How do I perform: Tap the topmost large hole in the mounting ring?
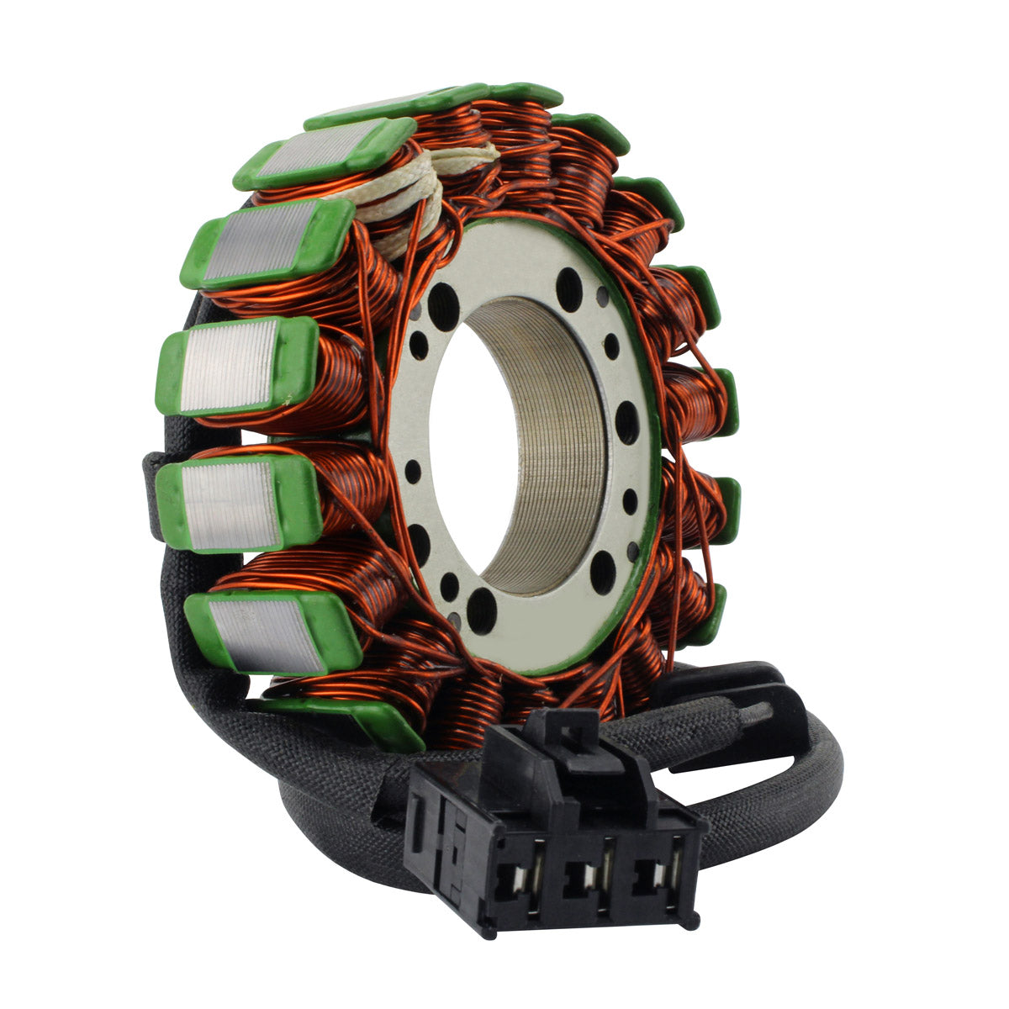pos(569,283)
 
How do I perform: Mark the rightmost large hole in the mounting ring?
pos(627,423)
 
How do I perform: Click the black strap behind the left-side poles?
pos(155,496)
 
